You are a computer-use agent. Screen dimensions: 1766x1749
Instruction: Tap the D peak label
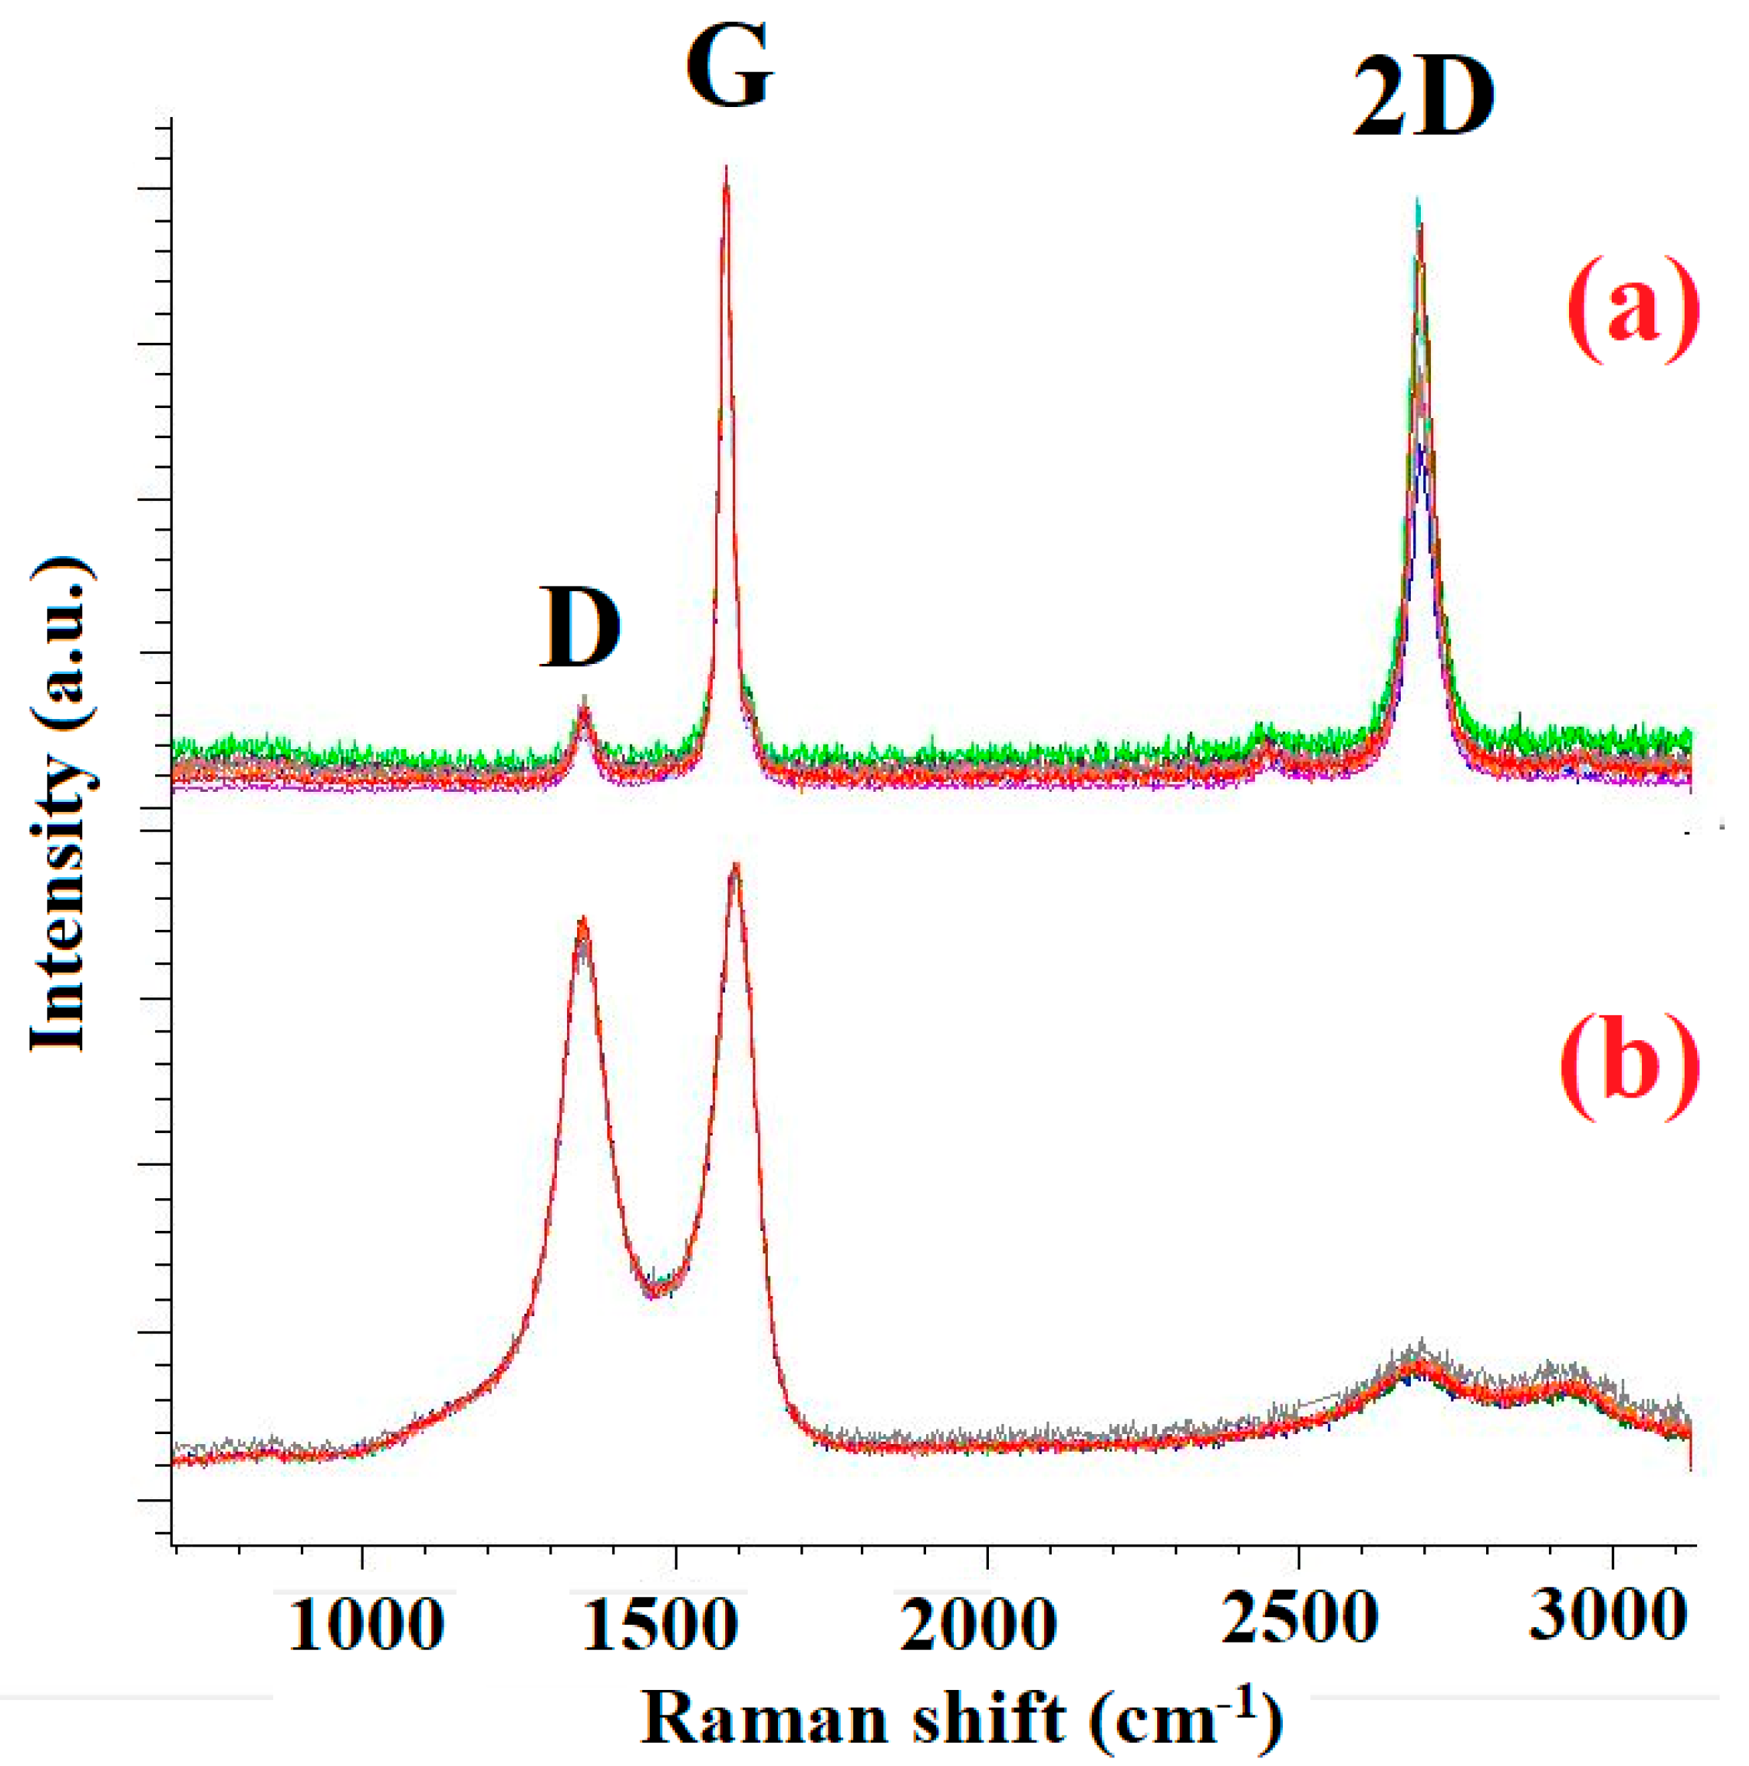579,629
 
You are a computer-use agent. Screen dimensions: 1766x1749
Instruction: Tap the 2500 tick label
1299,1619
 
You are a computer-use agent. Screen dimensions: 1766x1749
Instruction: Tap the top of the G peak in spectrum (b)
736,866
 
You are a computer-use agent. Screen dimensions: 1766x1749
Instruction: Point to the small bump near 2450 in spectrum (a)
1267,742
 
